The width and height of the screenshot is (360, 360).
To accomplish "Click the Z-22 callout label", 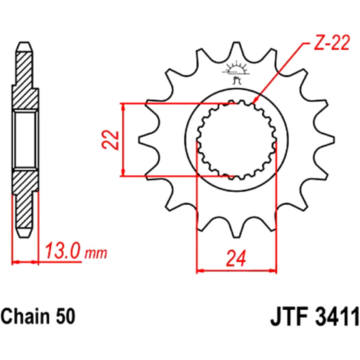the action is tap(332, 43).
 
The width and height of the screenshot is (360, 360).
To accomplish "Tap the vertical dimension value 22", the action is tap(110, 140).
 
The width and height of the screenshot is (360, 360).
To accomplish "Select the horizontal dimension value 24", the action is tap(236, 258).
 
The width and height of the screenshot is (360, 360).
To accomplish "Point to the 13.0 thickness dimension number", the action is tap(62, 251).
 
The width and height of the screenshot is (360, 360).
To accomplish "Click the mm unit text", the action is tap(96, 253).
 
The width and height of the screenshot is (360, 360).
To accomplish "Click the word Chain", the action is tap(24, 316).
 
